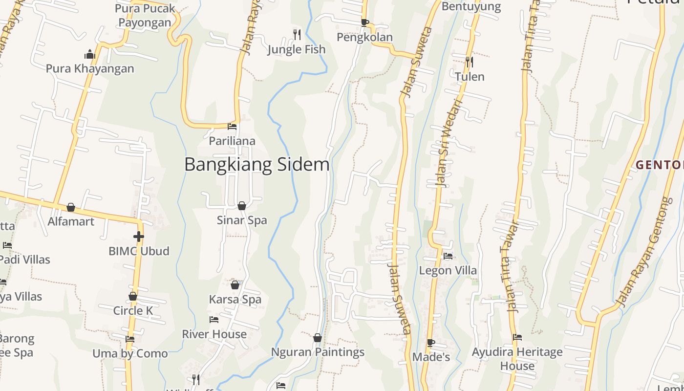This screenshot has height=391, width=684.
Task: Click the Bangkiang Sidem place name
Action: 256,165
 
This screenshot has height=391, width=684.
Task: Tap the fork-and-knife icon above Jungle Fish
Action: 297,34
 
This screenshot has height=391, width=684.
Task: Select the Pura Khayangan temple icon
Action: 89,54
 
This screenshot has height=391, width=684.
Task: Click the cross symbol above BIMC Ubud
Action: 139,237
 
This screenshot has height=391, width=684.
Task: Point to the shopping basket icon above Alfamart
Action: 71,207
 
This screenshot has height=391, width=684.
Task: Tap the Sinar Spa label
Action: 242,220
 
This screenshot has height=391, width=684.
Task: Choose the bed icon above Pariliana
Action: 232,127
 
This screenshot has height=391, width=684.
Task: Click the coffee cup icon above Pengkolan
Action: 364,22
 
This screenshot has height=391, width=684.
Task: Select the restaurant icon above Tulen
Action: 469,62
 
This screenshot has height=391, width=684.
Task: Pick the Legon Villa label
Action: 448,270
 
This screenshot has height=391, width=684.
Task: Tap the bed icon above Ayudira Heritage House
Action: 517,337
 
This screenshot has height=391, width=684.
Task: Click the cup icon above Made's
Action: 430,343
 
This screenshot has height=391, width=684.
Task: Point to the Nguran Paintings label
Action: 318,352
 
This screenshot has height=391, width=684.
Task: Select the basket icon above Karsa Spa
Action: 235,284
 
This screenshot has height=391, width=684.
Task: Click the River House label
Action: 214,334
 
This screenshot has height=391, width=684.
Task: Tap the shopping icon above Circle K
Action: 133,296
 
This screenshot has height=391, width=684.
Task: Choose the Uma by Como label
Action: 130,353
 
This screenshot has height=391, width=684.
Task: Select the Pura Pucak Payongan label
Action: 145,15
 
